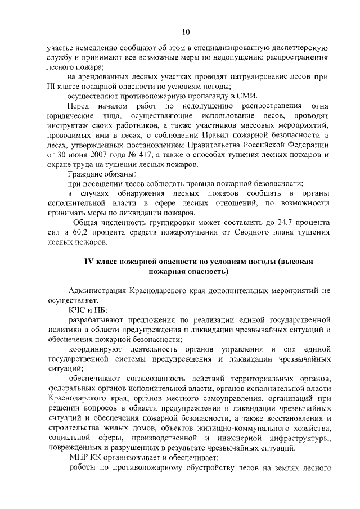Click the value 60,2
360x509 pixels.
tap(98, 232)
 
